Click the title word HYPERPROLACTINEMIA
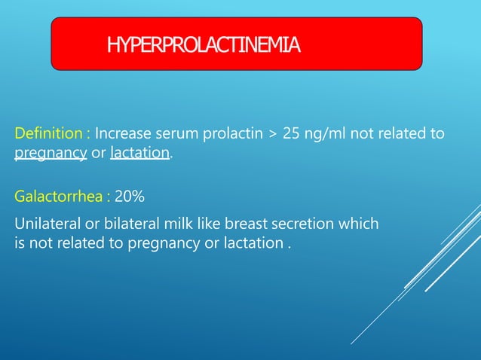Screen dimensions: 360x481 [204, 45]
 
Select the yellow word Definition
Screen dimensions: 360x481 [49, 134]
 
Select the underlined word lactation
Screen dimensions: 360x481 [140, 154]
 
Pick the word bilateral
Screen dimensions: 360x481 [121, 224]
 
